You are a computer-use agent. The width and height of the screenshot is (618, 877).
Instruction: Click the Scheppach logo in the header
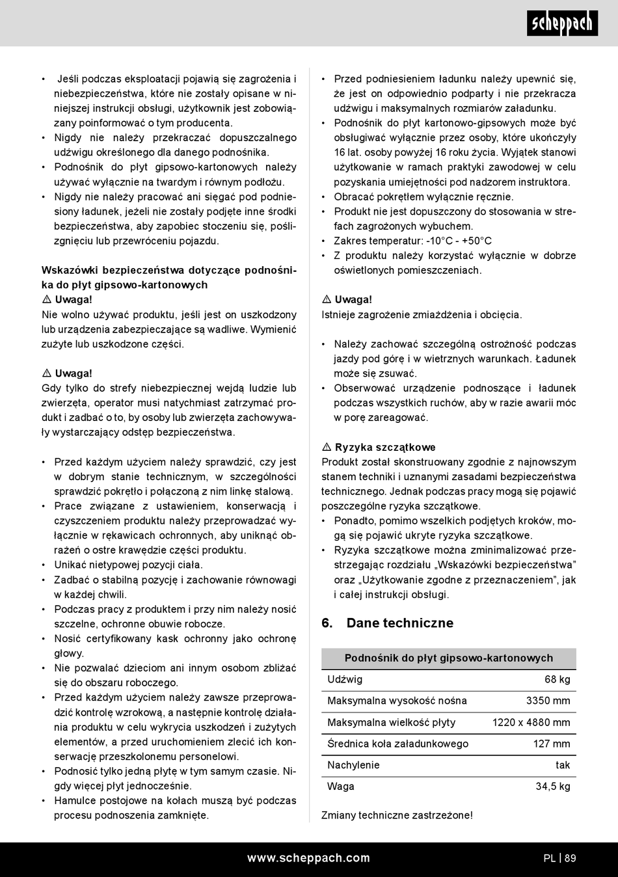click(563, 23)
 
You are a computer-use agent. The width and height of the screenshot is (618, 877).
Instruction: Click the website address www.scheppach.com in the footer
click(308, 858)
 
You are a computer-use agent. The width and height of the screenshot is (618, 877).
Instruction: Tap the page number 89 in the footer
click(571, 858)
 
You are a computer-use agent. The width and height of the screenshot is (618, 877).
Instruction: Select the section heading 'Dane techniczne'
click(399, 623)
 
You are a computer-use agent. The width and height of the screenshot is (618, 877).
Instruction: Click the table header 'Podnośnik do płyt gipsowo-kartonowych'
click(449, 658)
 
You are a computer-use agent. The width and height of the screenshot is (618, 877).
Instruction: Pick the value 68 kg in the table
click(558, 680)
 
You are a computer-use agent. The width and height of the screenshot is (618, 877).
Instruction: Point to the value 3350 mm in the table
click(548, 701)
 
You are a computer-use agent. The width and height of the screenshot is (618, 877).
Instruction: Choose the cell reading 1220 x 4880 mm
click(531, 723)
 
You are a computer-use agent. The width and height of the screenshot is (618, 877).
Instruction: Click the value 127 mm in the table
click(552, 744)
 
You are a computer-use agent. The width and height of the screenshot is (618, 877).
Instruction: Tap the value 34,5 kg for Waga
click(553, 787)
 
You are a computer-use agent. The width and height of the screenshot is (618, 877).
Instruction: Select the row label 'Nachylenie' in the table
click(353, 766)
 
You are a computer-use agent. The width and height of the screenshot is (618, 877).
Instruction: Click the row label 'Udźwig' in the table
click(345, 680)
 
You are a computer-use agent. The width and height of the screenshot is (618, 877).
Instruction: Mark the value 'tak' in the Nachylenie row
click(563, 766)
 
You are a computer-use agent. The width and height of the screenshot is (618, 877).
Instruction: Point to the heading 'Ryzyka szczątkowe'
click(385, 448)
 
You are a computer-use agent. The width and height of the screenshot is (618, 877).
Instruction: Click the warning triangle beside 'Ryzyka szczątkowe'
click(327, 448)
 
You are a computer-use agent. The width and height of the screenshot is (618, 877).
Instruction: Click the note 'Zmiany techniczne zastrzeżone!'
click(397, 816)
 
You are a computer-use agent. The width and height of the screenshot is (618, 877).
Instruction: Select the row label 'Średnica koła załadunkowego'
click(397, 744)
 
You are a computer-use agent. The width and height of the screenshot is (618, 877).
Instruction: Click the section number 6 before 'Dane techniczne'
click(327, 623)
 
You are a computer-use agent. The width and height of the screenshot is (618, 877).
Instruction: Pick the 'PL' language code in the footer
click(550, 858)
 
